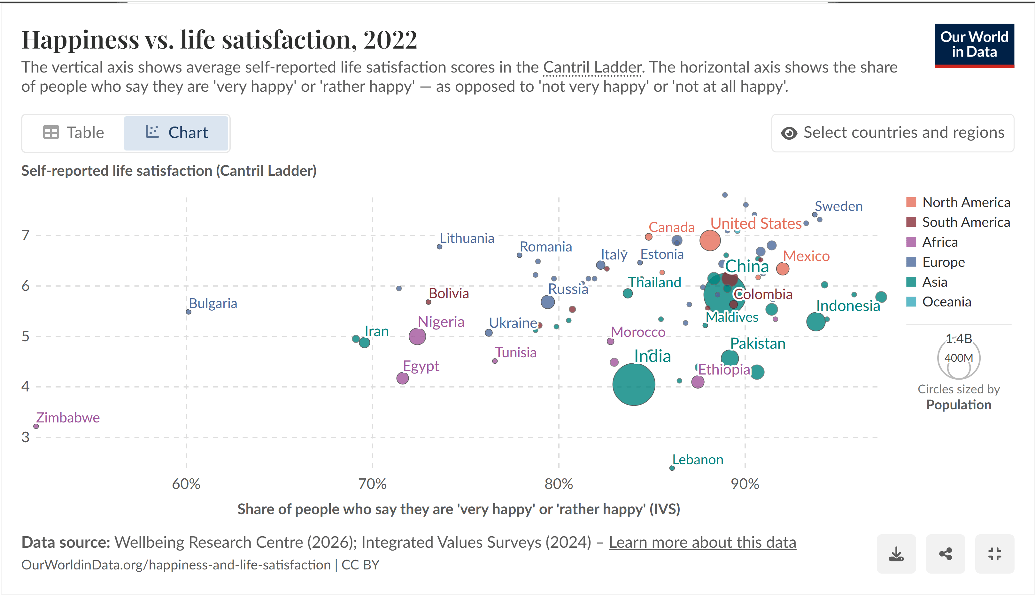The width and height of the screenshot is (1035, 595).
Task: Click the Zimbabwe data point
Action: point(36,426)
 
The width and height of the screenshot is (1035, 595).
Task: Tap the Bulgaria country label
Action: point(212,303)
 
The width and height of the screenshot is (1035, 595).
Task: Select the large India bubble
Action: point(633,384)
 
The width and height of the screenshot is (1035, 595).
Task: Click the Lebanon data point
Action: point(672,468)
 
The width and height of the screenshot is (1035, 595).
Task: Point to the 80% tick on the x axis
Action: point(558,484)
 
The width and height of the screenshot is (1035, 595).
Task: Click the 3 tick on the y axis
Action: point(25,437)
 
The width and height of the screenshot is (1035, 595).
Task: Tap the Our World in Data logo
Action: point(974,45)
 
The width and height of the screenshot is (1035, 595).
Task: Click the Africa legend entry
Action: point(939,242)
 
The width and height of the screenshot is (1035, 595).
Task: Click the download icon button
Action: point(896,554)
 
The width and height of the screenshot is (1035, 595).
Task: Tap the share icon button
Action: point(945,554)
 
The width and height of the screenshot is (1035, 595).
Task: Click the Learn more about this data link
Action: point(702,542)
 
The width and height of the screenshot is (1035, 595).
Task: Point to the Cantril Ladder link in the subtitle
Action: point(592,67)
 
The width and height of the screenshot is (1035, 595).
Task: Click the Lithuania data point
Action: point(439,247)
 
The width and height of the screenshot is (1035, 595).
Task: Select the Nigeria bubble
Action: point(417,336)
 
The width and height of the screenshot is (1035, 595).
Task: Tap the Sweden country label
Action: point(838,206)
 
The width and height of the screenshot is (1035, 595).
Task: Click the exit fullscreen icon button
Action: point(994,554)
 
